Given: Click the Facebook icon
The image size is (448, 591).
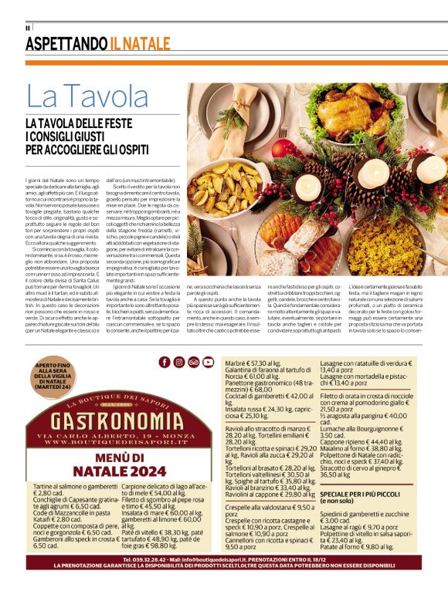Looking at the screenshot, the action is point(165,362).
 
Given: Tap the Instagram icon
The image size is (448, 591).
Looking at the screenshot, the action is point(178,362).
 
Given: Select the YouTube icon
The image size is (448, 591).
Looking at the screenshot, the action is point(208,362).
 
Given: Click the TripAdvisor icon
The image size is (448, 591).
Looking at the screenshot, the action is point(193,362).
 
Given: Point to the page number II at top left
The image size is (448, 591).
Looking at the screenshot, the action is point(27,28).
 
